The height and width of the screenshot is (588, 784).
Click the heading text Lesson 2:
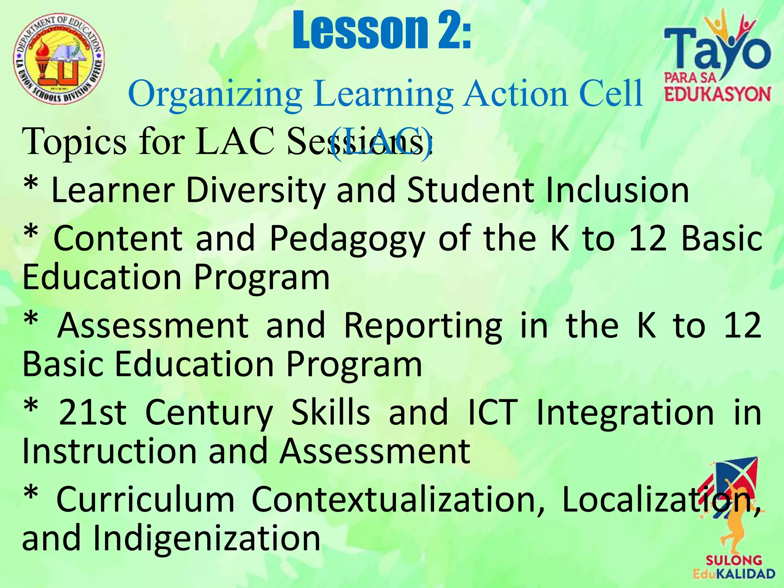(x=382, y=31)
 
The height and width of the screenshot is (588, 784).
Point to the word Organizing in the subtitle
(x=215, y=94)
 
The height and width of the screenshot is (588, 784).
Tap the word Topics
(x=74, y=142)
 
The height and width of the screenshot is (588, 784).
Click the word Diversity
(x=256, y=190)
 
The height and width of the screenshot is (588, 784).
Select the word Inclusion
(x=617, y=190)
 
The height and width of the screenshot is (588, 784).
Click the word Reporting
(x=423, y=326)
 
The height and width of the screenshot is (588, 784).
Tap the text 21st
(x=92, y=413)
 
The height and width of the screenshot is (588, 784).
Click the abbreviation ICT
(x=493, y=413)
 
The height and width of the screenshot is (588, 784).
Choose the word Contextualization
(x=397, y=499)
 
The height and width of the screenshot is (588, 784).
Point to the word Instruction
(x=109, y=451)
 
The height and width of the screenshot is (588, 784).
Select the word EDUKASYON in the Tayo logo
(x=717, y=94)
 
